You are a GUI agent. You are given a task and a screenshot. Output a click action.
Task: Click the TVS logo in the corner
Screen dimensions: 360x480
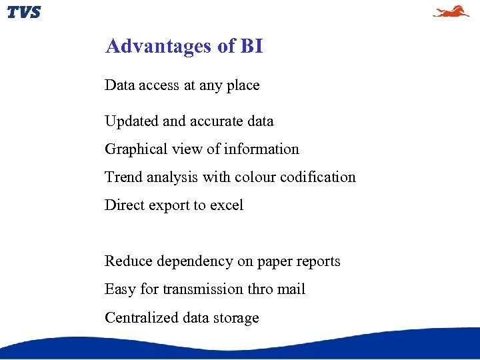pos(24,12)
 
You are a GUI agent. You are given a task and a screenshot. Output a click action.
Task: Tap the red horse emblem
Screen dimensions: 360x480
pos(451,11)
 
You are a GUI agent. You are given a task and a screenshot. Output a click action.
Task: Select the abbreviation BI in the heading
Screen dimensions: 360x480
pos(251,46)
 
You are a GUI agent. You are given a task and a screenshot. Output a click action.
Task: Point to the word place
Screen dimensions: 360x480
pos(243,86)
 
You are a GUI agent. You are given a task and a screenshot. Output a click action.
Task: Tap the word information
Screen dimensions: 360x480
pos(261,149)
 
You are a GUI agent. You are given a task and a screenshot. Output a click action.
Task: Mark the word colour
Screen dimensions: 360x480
pos(255,177)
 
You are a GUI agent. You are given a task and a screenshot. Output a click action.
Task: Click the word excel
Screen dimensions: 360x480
pos(227,205)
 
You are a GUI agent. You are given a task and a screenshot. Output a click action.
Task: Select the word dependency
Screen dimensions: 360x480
pos(195,261)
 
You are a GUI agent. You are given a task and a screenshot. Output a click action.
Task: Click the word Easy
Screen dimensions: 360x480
pos(119,289)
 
